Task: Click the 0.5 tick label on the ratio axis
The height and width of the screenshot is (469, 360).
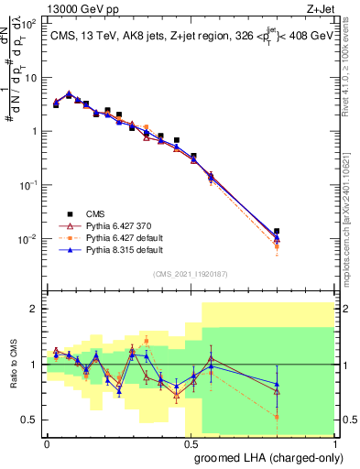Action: click(x=30, y=420)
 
